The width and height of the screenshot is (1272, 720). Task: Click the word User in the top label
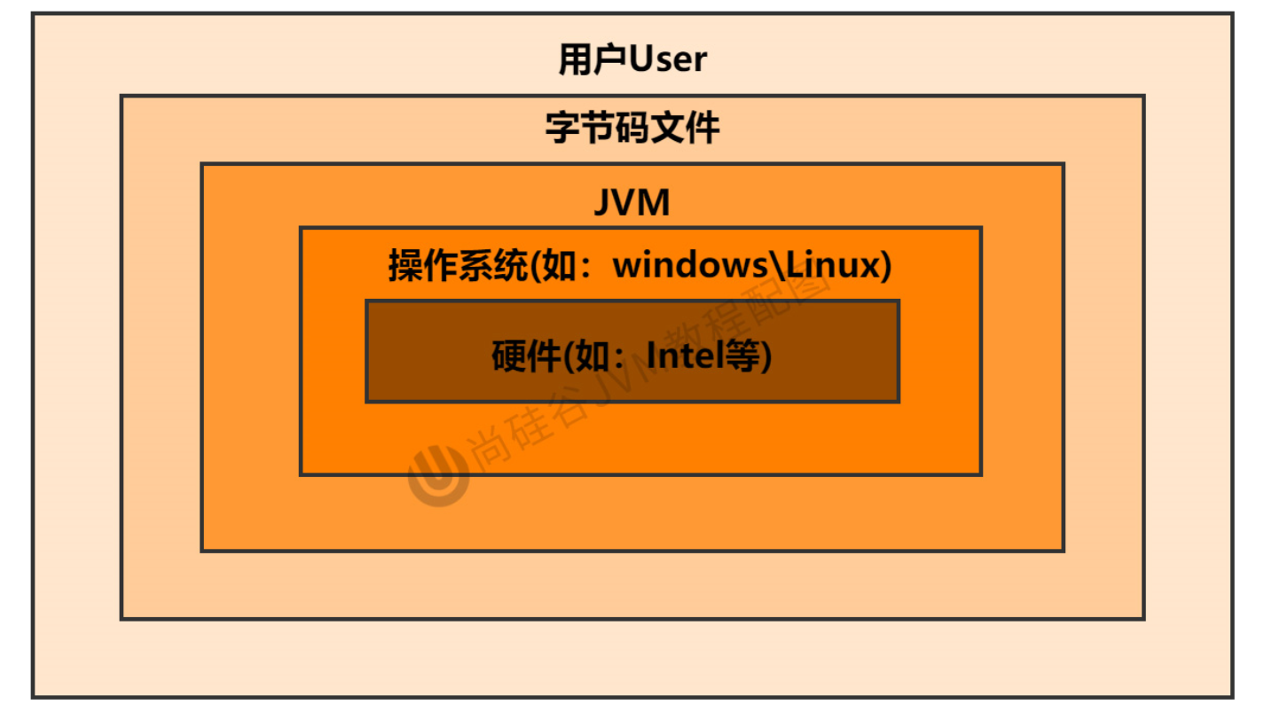point(668,59)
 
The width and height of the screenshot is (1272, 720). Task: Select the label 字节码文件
point(632,129)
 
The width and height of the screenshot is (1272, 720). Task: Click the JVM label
point(632,204)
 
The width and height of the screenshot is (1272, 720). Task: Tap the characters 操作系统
point(458,265)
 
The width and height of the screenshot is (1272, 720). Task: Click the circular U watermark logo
point(437,474)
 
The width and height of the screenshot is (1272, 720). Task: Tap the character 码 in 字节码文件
point(632,129)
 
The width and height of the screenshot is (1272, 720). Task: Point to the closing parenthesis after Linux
point(883,265)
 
